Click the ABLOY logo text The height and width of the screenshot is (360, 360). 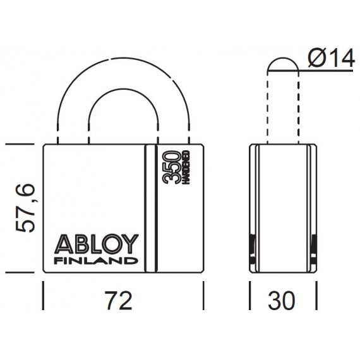click(97, 244)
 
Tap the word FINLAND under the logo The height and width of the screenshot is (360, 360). click(96, 261)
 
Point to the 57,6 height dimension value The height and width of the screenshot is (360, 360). click(25, 208)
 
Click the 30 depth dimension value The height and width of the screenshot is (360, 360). click(282, 300)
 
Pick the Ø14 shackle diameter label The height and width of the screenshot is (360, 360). click(331, 58)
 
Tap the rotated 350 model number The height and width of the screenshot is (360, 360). click(171, 167)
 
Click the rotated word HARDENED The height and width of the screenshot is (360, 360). click(186, 167)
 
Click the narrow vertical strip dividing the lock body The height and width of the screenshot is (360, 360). click(150, 208)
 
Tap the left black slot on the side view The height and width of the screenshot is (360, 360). click(253, 249)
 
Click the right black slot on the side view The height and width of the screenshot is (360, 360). click(313, 249)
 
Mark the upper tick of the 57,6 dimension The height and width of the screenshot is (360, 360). click(20, 144)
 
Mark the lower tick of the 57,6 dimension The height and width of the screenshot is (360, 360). click(20, 272)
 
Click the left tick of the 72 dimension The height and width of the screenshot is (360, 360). click(43, 296)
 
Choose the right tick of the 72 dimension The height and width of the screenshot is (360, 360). click(203, 296)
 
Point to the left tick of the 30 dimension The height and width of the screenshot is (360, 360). click(250, 296)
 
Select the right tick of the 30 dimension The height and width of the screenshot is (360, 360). click(316, 296)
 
